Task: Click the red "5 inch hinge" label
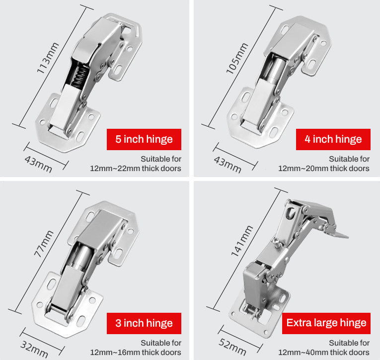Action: [144, 139]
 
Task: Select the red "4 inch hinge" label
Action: [333, 139]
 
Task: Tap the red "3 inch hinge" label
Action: [144, 323]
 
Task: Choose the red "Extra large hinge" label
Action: [326, 323]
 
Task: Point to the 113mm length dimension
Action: [48, 58]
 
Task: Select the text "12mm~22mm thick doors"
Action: [136, 169]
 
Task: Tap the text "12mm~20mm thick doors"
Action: [324, 169]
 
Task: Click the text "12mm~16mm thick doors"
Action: [136, 353]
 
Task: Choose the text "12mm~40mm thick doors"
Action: [324, 353]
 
